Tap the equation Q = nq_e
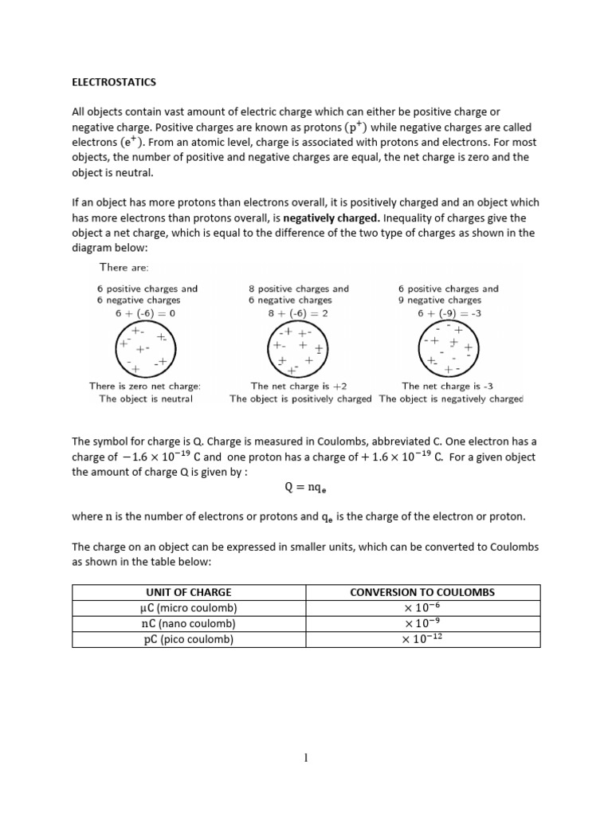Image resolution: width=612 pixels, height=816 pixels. click(x=305, y=487)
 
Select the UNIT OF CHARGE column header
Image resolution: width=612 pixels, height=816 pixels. click(x=189, y=592)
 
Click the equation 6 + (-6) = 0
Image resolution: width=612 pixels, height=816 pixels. click(x=145, y=313)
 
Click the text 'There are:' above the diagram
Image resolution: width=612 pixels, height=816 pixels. click(x=124, y=268)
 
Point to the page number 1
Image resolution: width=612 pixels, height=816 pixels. click(x=305, y=758)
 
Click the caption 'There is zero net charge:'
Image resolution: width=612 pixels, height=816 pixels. click(x=145, y=386)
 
